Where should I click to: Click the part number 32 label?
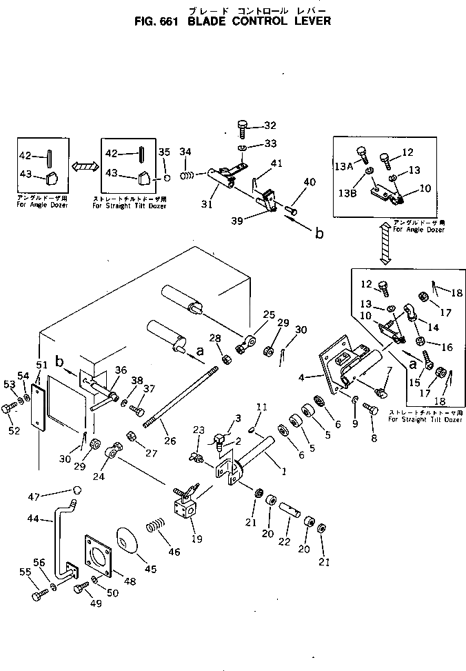(x=270, y=126)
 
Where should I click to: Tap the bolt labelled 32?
(x=243, y=127)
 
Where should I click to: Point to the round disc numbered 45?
(x=127, y=539)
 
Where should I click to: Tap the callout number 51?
(x=42, y=365)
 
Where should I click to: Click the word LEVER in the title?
(x=307, y=21)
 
